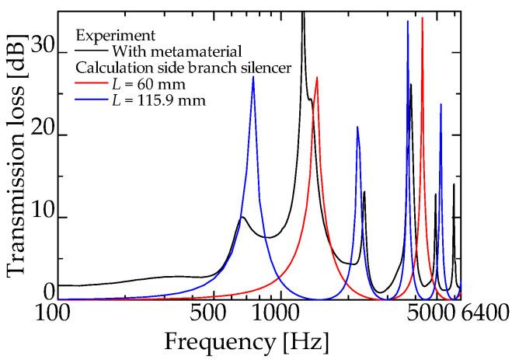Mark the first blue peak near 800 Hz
[253, 77]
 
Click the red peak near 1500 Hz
[317, 77]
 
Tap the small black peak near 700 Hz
[242, 217]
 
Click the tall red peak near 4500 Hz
[422, 17]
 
